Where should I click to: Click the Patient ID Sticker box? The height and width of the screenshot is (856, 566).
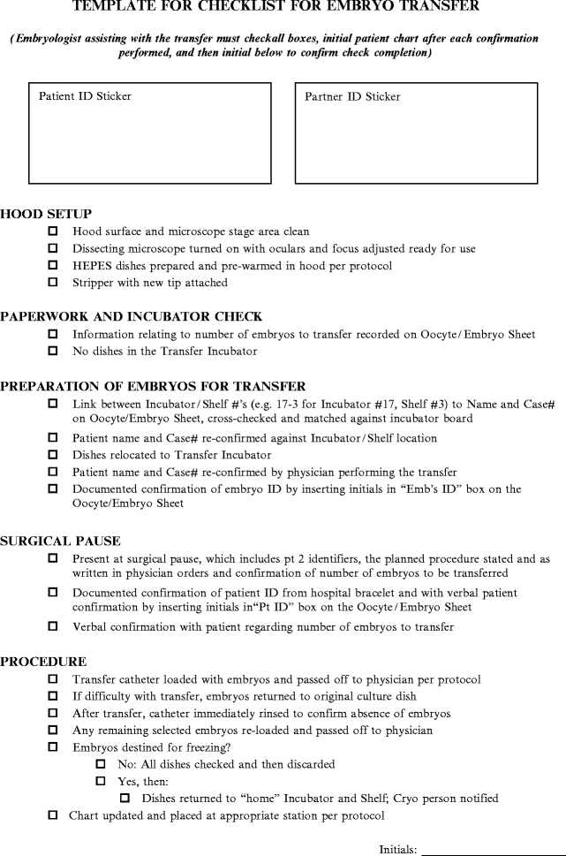(x=150, y=133)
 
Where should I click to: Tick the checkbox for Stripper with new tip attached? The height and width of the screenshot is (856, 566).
(x=53, y=283)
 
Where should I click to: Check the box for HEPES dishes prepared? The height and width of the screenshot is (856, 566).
(x=53, y=265)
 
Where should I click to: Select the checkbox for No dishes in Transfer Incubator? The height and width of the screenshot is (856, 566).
(x=53, y=351)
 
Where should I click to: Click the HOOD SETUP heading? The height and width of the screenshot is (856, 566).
(x=46, y=214)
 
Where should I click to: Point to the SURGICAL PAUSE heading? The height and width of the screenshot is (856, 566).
(x=61, y=541)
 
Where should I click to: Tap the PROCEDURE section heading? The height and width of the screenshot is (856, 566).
(x=43, y=661)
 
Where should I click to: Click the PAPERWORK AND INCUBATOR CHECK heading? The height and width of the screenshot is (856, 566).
(x=131, y=316)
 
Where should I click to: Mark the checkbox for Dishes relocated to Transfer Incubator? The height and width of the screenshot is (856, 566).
(x=53, y=455)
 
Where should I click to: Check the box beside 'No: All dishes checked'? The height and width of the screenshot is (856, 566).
(x=100, y=763)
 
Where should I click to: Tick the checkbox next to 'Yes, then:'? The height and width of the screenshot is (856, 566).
(x=100, y=781)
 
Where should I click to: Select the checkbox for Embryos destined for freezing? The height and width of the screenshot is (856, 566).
(x=53, y=746)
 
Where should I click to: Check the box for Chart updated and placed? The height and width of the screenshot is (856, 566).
(x=53, y=814)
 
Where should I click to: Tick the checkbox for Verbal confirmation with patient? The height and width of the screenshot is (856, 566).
(x=53, y=626)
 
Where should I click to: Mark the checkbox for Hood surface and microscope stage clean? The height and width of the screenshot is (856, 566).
(x=53, y=231)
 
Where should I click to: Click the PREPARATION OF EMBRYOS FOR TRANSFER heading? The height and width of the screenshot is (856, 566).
(x=153, y=385)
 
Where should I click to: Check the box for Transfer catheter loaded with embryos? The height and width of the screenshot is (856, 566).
(x=53, y=678)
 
